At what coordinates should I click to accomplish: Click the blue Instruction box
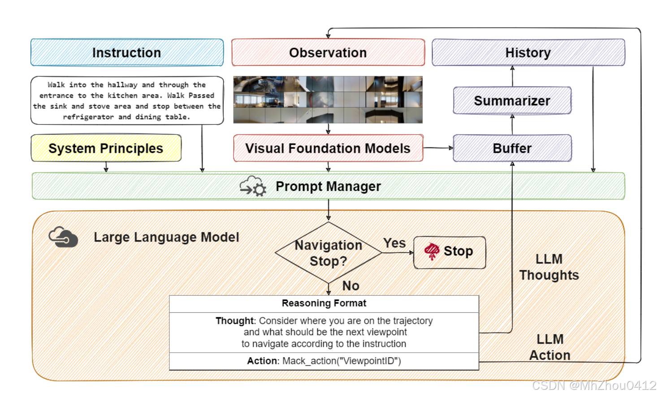point(127,53)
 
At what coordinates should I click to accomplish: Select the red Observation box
point(328,53)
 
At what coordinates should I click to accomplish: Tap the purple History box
point(528,53)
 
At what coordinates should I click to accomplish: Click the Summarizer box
point(512,101)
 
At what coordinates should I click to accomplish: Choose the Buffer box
point(512,148)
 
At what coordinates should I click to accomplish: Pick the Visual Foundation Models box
point(328,148)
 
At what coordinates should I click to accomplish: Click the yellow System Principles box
point(106,148)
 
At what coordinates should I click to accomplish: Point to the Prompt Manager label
point(328,186)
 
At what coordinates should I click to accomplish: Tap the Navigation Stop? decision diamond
point(328,253)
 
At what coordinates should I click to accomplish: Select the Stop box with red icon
point(450,252)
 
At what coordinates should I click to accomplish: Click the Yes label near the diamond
point(394,243)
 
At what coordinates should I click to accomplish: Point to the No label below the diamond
point(351,286)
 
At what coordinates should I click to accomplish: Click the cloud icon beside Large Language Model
point(63,237)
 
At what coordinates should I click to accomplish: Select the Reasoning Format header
point(324,303)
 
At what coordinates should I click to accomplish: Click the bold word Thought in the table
point(234,321)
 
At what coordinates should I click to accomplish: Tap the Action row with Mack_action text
point(324,361)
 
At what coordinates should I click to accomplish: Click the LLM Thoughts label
point(549,267)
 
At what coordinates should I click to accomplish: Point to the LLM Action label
point(550,347)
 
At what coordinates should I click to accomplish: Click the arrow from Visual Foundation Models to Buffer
point(438,147)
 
